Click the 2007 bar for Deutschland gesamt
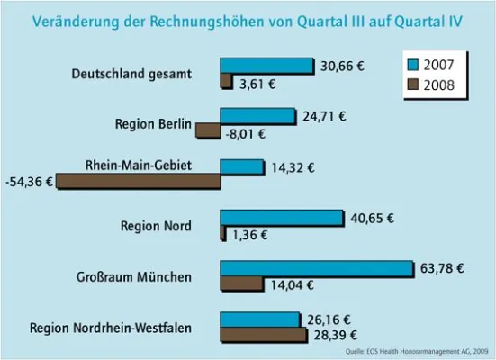266,66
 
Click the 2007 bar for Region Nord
282,218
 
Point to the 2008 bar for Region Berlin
208,130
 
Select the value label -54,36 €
30,181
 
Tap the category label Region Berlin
154,124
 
